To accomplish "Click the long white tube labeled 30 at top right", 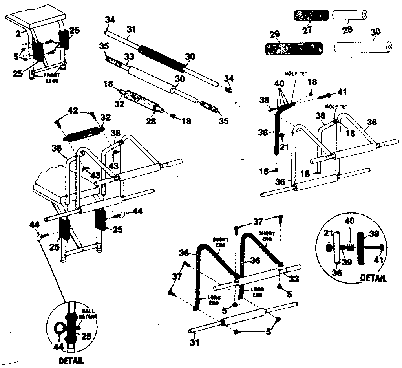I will (363, 47).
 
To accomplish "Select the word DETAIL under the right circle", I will (373, 278).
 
